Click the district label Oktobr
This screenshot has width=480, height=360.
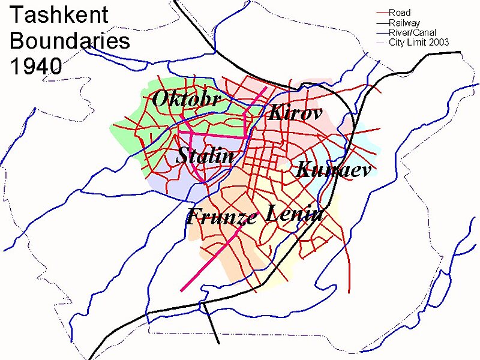click(x=187, y=99)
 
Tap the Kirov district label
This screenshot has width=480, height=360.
click(x=295, y=112)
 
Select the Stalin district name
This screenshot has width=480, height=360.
click(x=205, y=157)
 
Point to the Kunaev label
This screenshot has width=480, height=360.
click(x=334, y=170)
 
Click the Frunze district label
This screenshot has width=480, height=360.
click(x=221, y=216)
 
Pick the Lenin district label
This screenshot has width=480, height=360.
click(x=295, y=212)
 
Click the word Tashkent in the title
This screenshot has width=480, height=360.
click(x=58, y=15)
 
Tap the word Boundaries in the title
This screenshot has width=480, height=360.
click(x=70, y=41)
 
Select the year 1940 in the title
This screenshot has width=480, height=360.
click(x=36, y=66)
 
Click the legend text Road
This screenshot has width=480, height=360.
click(x=400, y=13)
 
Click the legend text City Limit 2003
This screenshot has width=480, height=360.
click(x=419, y=42)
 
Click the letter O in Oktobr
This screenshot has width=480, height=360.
click(x=161, y=99)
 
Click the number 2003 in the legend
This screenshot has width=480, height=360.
click(x=439, y=42)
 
